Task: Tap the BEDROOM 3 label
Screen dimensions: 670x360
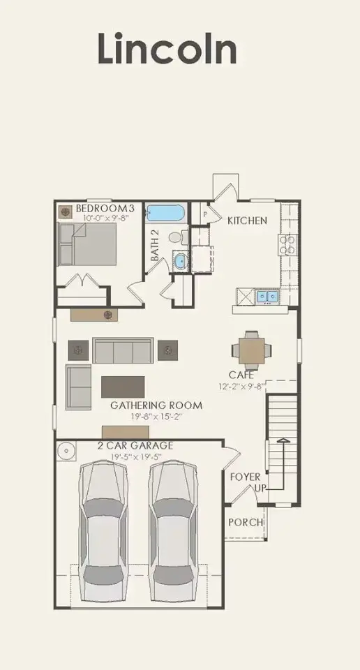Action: (x=105, y=209)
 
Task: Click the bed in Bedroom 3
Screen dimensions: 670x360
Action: (x=87, y=244)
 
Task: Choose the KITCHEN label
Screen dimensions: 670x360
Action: (x=247, y=221)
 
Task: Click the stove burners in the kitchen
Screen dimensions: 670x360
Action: (x=287, y=244)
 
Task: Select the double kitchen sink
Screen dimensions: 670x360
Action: (x=267, y=297)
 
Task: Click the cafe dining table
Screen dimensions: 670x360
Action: (x=252, y=349)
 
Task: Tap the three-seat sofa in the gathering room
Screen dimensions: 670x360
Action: (x=123, y=350)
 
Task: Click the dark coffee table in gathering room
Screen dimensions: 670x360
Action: (x=123, y=387)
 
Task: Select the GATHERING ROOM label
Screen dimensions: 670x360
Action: (x=156, y=405)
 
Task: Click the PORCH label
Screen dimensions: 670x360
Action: (x=246, y=522)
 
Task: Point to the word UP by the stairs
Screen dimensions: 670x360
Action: (x=260, y=488)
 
